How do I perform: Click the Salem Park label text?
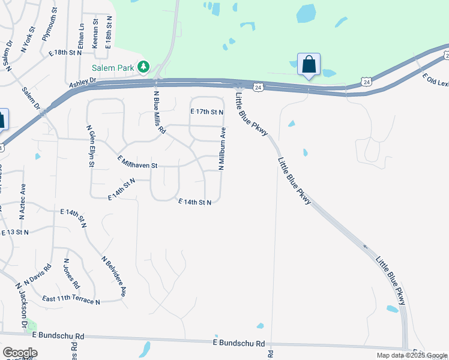(x=112, y=68)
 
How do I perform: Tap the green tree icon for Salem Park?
(x=143, y=67)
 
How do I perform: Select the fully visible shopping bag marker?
(x=309, y=64)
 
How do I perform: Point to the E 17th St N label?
(x=206, y=112)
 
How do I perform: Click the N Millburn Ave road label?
(x=222, y=149)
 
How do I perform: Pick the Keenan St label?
(x=95, y=32)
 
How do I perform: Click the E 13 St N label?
(x=15, y=232)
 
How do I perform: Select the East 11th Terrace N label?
(x=71, y=299)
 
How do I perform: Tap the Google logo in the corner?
(x=20, y=353)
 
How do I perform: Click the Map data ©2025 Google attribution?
(x=412, y=355)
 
